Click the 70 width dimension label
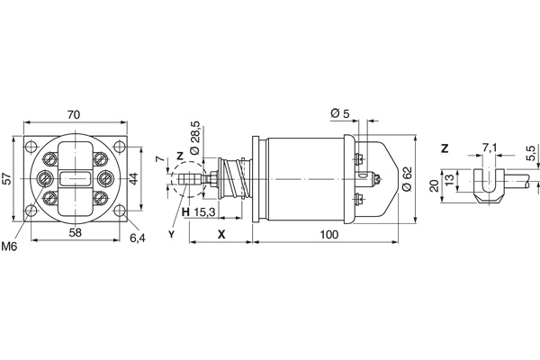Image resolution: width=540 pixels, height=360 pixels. (74, 114)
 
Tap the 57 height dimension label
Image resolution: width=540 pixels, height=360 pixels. (7, 178)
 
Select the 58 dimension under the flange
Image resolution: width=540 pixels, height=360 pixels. (76, 232)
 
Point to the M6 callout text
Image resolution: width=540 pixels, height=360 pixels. (9, 246)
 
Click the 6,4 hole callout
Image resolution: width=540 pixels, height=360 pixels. (138, 238)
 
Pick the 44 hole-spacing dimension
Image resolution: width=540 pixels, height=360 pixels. (133, 178)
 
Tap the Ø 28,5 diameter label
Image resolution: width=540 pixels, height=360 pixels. (195, 138)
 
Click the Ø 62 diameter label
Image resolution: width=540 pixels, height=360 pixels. (407, 178)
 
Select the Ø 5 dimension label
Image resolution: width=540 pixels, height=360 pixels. (339, 113)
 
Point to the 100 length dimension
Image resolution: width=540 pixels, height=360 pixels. (329, 234)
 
